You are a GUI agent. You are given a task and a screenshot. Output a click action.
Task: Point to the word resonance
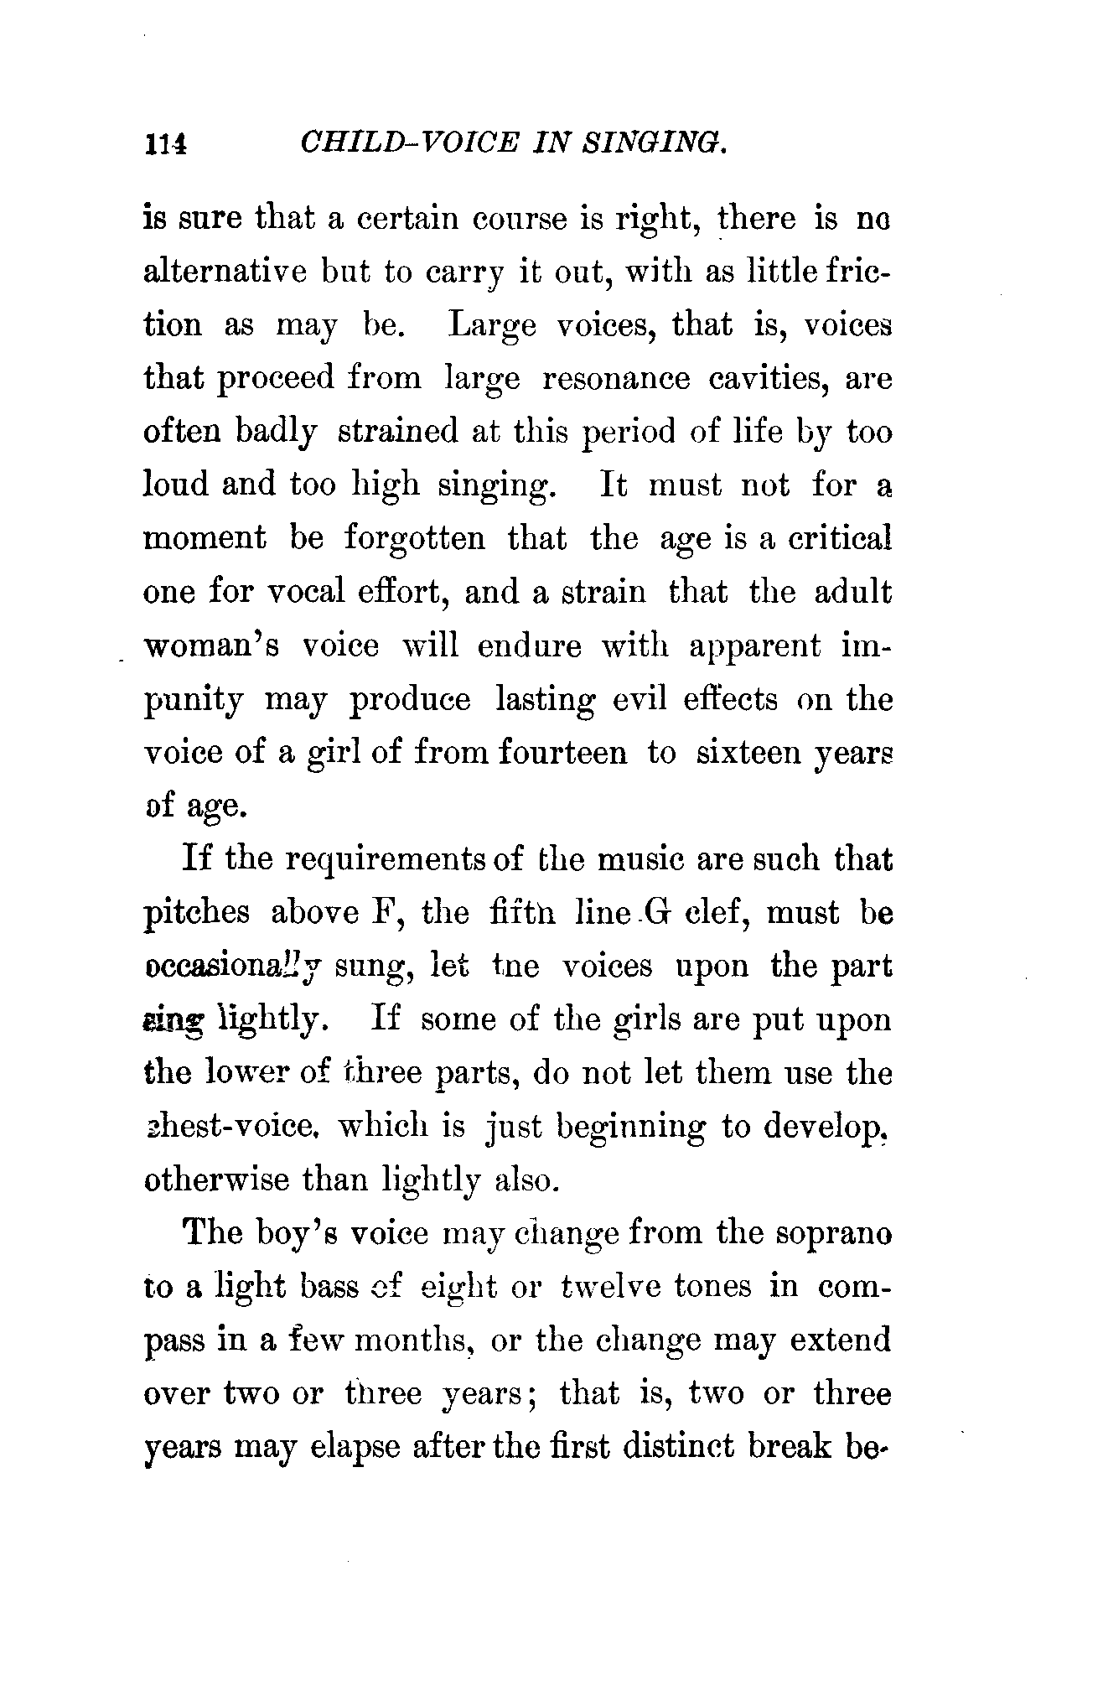coord(616,379)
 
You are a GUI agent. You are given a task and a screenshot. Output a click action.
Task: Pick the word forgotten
coord(414,538)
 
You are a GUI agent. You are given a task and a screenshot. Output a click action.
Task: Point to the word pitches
coord(196,913)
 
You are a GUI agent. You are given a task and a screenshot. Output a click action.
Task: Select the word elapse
coord(346,1448)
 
